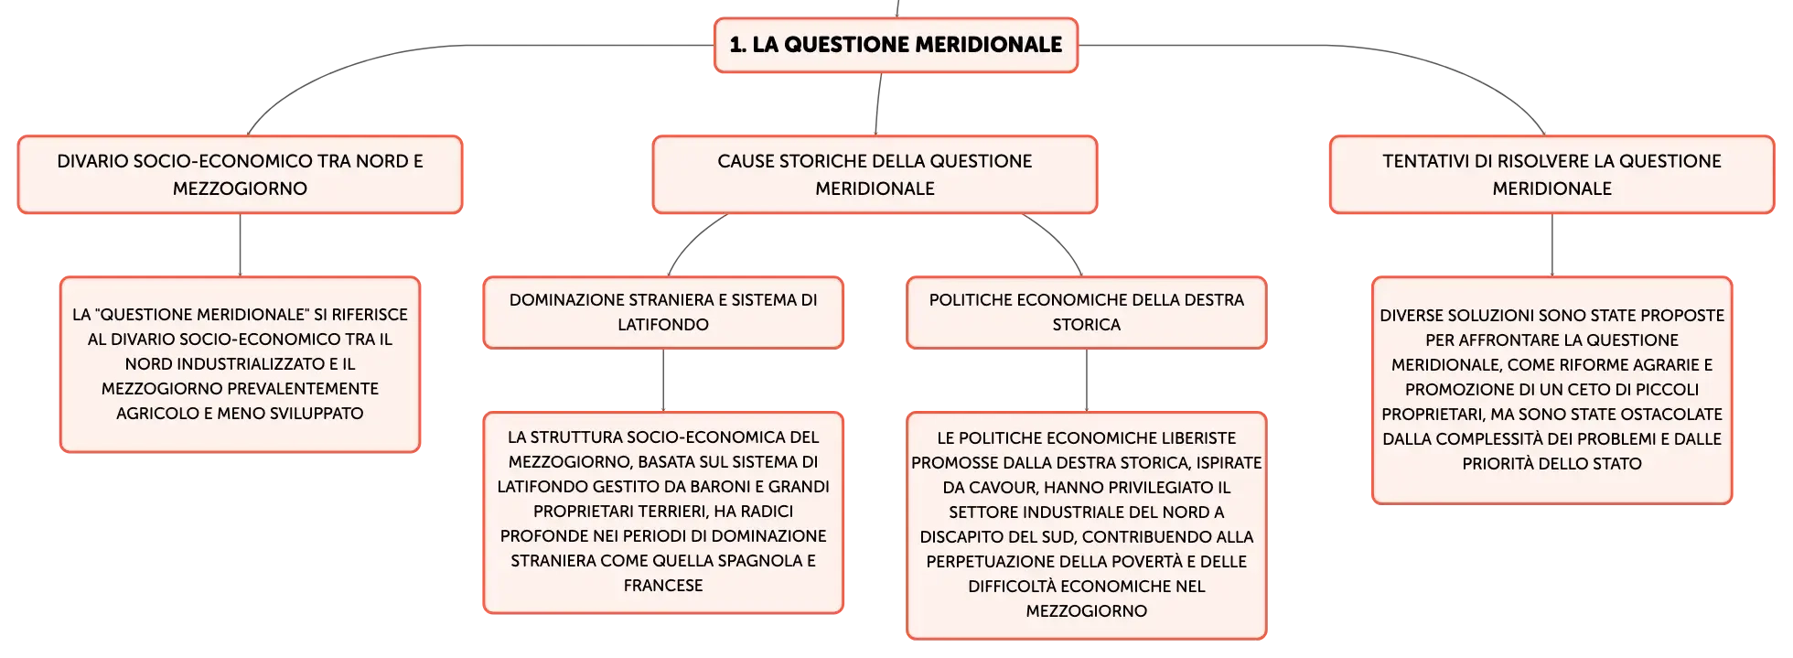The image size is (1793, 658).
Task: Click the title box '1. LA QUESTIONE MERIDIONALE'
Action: [896, 45]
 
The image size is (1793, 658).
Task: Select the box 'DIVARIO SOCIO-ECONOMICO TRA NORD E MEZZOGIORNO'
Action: [240, 175]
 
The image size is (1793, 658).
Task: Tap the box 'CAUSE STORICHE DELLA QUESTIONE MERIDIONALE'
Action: [875, 175]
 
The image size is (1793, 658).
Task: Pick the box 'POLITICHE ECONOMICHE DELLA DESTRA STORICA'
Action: [1087, 312]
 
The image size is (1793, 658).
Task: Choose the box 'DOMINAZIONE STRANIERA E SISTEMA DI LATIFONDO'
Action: [663, 312]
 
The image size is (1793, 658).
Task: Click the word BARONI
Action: [731, 487]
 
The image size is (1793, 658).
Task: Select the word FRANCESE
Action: [663, 586]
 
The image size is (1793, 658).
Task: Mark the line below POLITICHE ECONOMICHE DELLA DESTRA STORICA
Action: [1087, 381]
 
